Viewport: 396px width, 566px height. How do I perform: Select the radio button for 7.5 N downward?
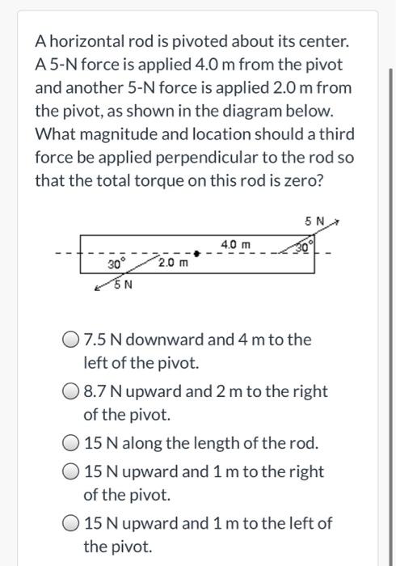tap(71, 340)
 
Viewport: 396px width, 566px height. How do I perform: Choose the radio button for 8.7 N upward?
tap(71, 392)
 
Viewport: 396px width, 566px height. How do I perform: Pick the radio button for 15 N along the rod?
tap(71, 444)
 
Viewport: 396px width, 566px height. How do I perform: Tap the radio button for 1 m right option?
tap(71, 471)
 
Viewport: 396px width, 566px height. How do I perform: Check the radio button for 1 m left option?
tap(71, 523)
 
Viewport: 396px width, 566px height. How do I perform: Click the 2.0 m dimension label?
tap(173, 263)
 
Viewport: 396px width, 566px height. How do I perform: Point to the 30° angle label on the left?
tap(117, 264)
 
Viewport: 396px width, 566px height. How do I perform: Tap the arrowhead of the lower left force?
tap(98, 288)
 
